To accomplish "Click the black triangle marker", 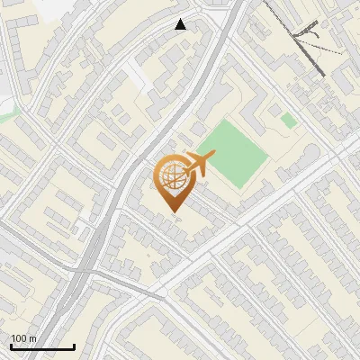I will coord(181,24).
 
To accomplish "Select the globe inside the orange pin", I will coord(172,178).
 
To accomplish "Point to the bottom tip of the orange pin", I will coord(173,211).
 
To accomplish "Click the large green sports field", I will coord(232,153).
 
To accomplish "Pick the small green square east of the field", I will coord(288,120).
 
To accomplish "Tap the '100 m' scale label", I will coord(23,338).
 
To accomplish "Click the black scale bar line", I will coord(42,346).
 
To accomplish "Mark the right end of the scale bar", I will coord(74,346).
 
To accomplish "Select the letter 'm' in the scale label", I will coord(32,338).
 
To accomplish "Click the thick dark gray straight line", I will coord(306,49).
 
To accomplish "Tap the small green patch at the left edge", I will coord(7,113).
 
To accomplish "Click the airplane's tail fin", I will coord(187,159).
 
